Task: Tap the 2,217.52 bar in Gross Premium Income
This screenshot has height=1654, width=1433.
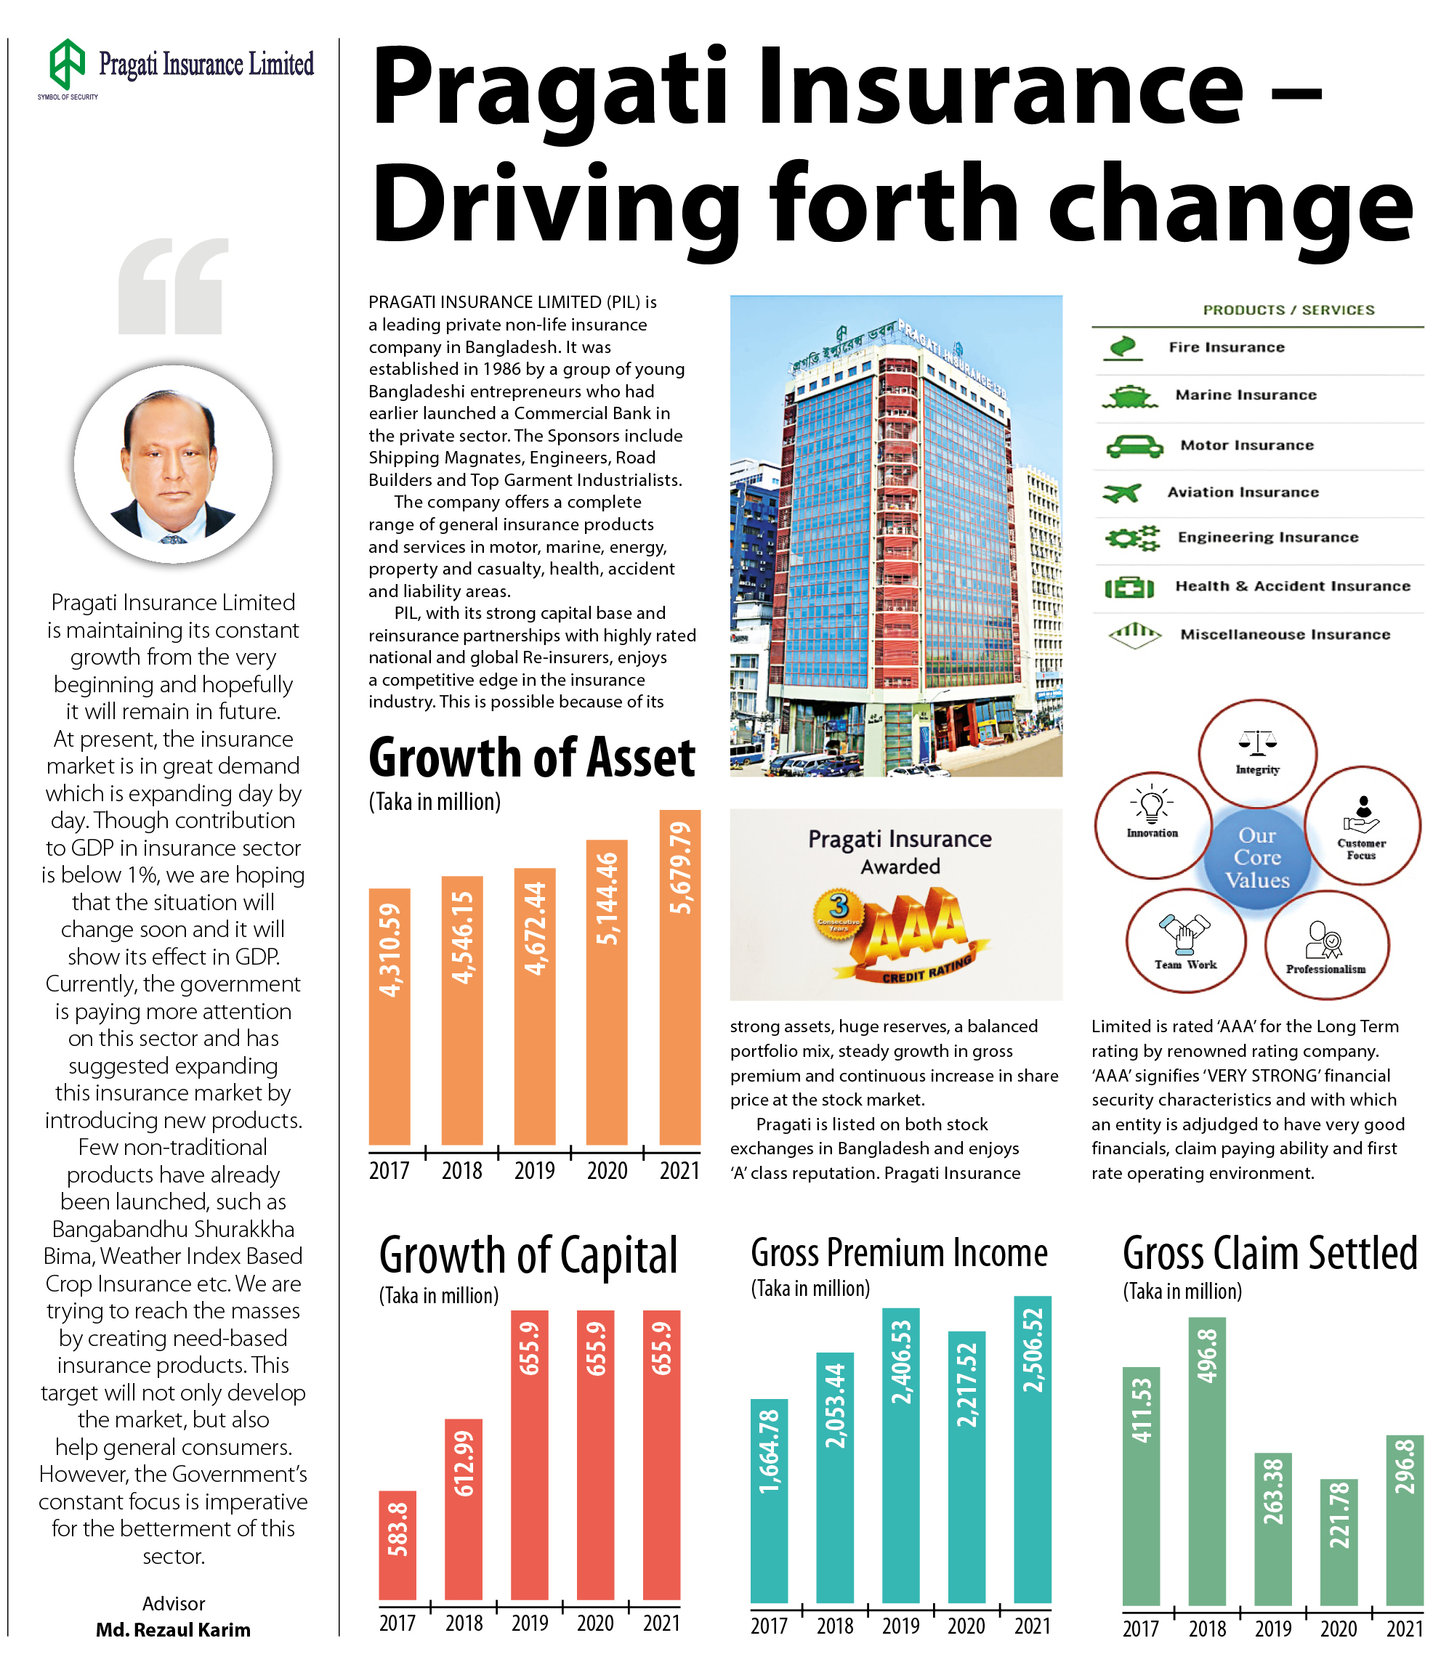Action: pos(966,1466)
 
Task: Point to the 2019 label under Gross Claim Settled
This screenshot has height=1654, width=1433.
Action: pos(1273,1629)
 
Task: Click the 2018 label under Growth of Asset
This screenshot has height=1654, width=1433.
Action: pos(461,1171)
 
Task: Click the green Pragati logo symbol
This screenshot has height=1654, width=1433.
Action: pos(67,63)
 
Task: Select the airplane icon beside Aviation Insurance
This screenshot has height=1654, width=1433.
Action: pos(1121,492)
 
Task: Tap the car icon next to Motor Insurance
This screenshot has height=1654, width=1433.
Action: pos(1134,445)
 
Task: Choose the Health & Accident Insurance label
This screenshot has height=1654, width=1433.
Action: pos(1292,586)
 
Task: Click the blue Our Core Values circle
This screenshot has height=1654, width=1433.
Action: pos(1257,858)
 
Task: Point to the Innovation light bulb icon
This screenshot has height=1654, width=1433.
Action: pos(1152,805)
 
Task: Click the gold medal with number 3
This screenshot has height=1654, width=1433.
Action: pos(838,915)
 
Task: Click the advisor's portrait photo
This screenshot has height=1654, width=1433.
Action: pos(174,463)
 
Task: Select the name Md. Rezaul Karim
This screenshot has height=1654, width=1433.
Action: pos(173,1630)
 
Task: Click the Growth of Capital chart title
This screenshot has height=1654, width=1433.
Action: pos(528,1256)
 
